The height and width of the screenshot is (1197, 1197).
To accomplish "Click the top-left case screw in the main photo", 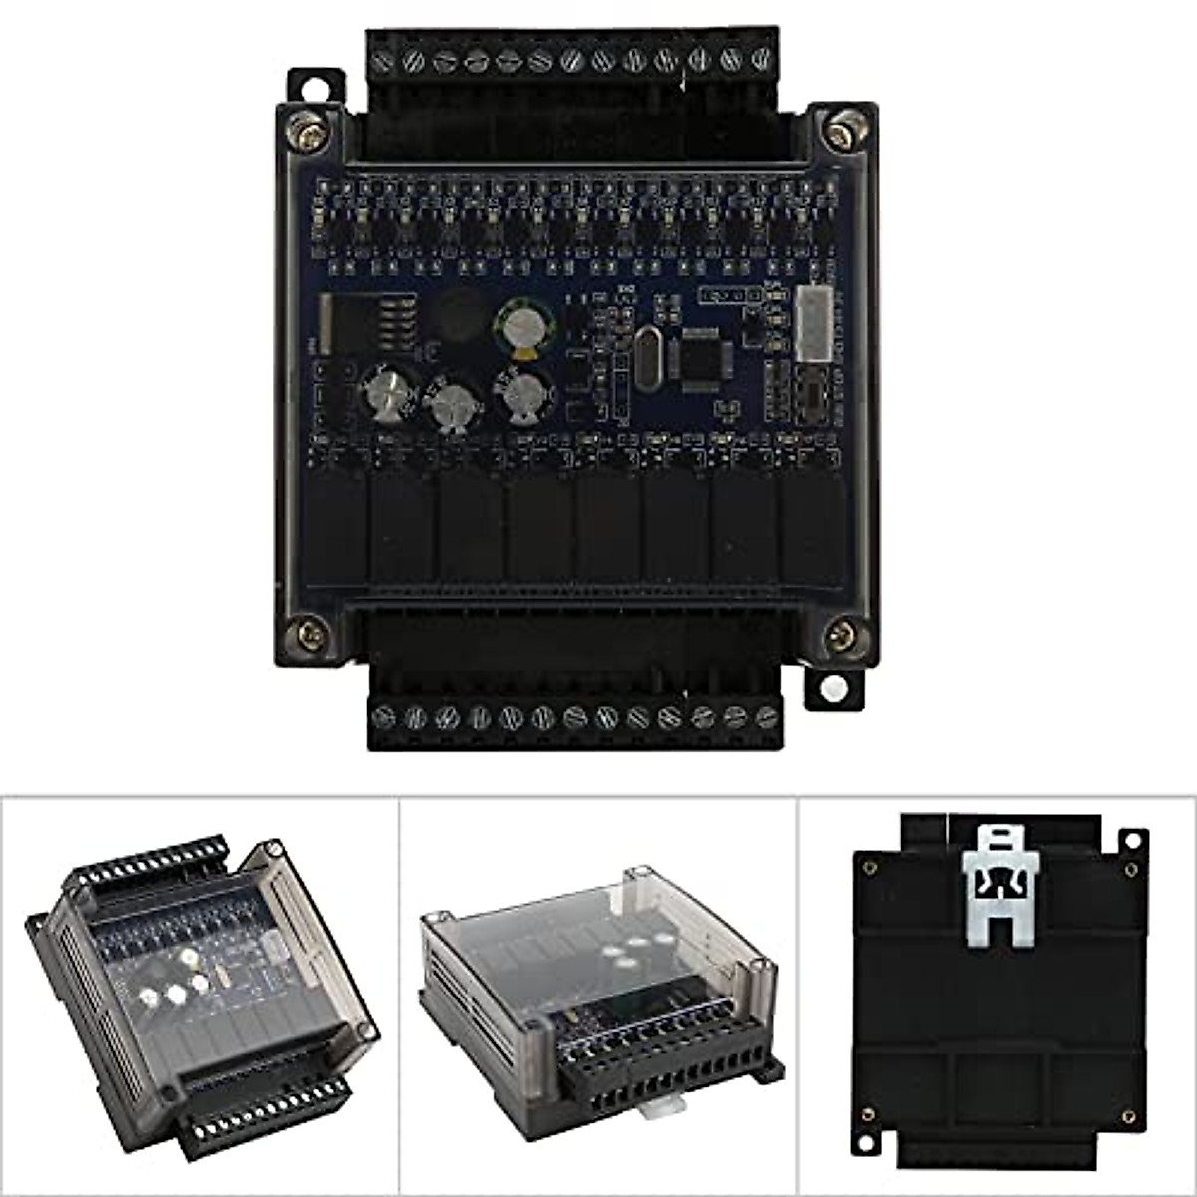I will tap(308, 129).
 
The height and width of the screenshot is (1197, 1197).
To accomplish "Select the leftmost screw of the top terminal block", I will tap(383, 62).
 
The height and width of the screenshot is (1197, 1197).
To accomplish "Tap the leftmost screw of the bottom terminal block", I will tap(384, 717).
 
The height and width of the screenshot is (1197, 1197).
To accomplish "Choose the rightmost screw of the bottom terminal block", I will tap(766, 716).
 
